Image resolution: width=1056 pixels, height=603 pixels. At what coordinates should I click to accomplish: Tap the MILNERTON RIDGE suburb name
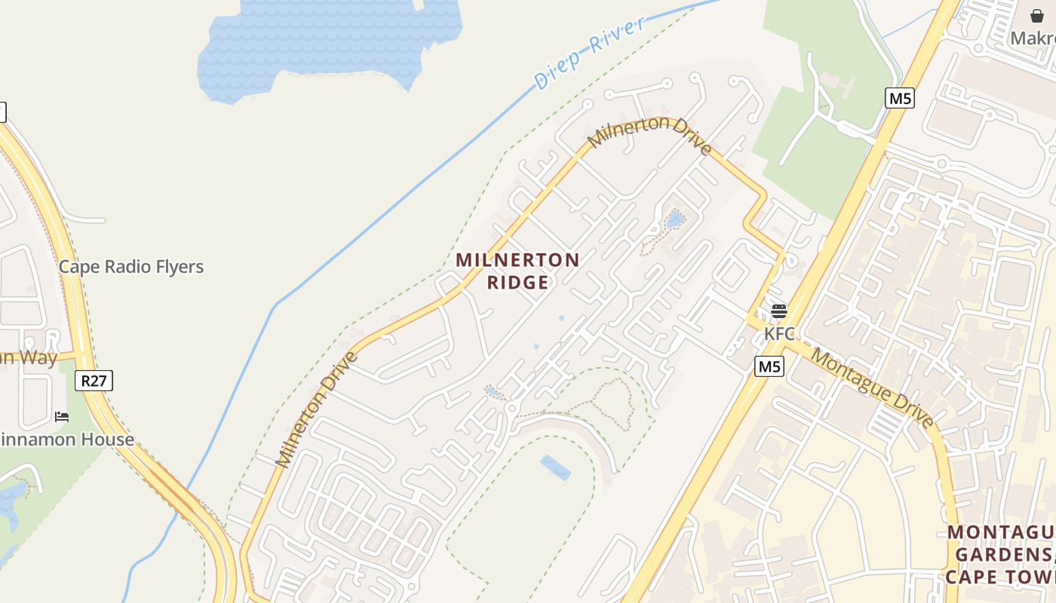517,271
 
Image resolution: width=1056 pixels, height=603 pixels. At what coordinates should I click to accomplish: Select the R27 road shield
94,381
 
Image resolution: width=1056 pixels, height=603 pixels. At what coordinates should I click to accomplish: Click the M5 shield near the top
899,98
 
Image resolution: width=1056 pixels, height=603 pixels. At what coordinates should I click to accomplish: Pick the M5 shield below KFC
769,367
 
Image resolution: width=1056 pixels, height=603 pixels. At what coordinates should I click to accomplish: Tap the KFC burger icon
779,311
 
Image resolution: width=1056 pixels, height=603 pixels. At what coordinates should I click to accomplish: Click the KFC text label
779,333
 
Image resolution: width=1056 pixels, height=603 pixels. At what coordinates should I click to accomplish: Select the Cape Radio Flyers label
131,267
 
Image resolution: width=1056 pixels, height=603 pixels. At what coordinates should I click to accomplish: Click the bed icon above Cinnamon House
62,416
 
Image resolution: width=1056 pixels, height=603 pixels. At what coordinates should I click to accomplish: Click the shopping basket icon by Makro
1037,16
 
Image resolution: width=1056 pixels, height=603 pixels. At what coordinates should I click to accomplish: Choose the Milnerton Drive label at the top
649,134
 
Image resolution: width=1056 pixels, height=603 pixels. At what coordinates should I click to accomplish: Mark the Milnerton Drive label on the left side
316,409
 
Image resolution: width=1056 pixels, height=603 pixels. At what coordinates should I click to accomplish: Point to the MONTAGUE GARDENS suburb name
1000,555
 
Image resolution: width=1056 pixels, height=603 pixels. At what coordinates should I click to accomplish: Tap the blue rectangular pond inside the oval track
555,467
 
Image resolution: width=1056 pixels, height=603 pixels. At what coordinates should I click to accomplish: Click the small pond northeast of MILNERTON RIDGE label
674,219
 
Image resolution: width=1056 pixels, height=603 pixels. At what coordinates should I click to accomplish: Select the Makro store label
1033,38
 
